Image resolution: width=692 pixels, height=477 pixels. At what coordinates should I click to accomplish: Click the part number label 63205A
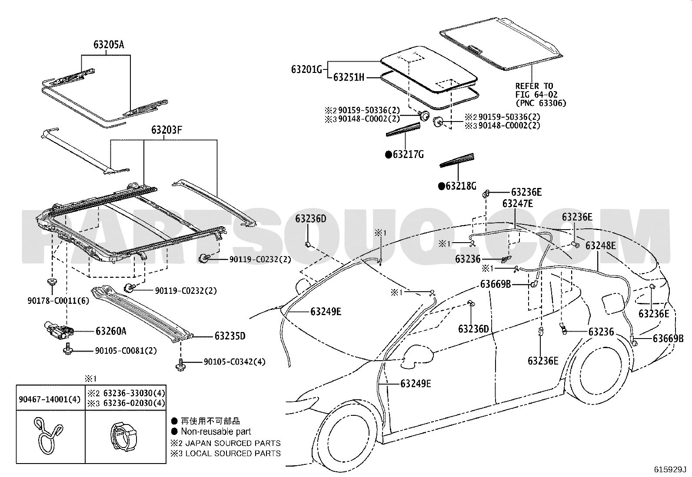click(x=108, y=44)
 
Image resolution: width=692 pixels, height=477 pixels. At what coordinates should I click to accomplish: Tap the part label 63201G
click(x=306, y=69)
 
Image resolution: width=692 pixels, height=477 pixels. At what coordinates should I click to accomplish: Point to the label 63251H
click(x=349, y=78)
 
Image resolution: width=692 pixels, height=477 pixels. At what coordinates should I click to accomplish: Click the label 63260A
click(x=111, y=331)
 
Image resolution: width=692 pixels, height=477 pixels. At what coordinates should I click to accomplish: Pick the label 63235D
click(x=230, y=336)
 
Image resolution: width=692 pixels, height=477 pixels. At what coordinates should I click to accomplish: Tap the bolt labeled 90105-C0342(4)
click(x=180, y=364)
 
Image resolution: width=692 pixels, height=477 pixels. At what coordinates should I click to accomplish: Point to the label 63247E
click(x=518, y=204)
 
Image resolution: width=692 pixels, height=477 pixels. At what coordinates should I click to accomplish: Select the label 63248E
click(x=600, y=245)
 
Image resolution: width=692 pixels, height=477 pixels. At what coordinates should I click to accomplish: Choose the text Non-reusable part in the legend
click(x=216, y=431)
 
